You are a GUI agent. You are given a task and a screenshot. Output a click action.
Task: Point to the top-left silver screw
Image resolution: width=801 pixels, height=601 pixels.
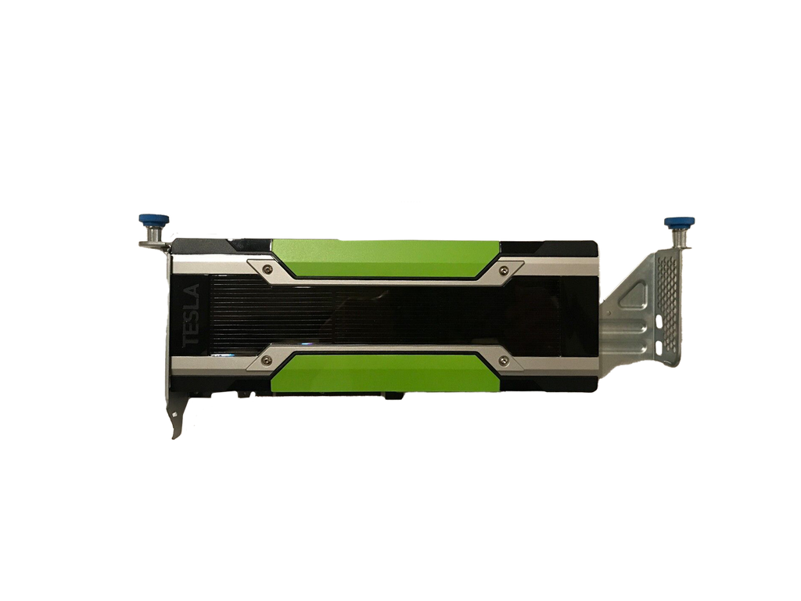click(x=268, y=270)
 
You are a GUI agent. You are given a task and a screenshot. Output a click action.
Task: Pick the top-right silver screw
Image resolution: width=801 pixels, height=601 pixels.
click(x=501, y=270)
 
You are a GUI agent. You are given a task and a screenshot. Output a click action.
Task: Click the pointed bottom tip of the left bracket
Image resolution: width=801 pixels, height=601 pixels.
click(x=174, y=437)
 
